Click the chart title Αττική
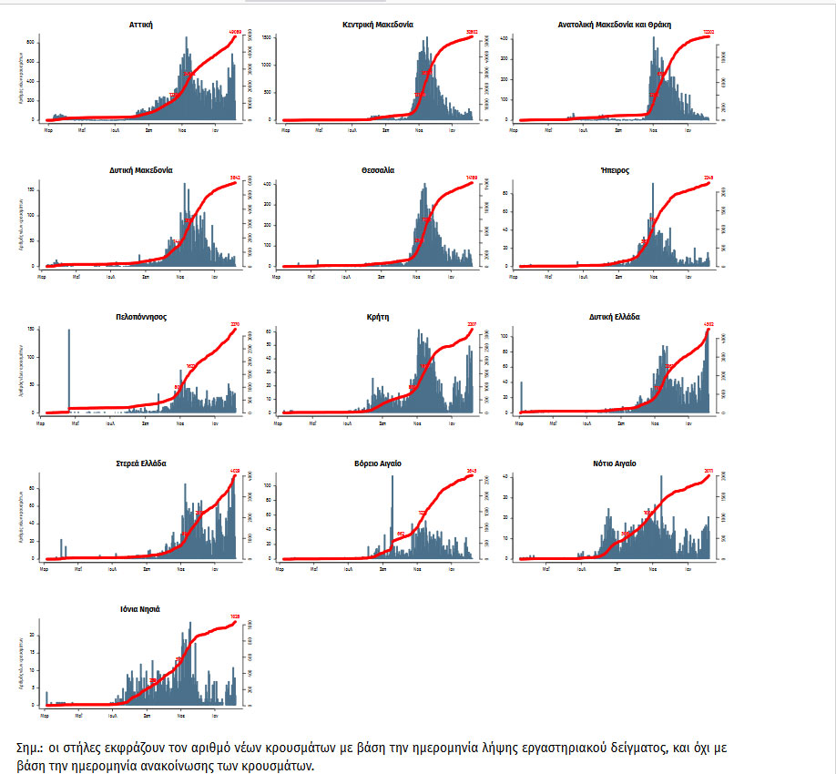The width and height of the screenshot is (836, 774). [x=140, y=25]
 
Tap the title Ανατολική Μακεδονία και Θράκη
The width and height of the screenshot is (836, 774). [x=614, y=25]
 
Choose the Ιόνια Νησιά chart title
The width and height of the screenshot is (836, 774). [x=140, y=608]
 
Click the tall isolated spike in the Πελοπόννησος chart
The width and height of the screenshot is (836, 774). [x=69, y=370]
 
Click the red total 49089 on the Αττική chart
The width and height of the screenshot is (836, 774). [x=234, y=33]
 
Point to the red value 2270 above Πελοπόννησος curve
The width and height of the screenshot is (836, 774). [x=234, y=324]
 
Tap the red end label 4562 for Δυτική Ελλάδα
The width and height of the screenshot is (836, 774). [x=709, y=324]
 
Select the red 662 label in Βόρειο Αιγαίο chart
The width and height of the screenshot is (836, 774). [x=401, y=535]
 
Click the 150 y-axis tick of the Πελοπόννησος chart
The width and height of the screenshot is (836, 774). [x=33, y=329]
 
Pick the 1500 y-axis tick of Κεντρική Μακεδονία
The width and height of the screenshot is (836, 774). [x=268, y=37]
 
